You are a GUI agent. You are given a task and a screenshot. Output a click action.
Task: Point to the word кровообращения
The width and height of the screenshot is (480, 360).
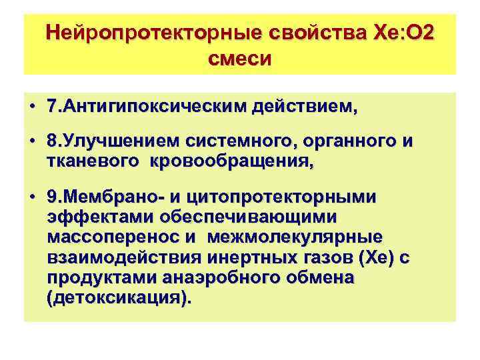pyautogui.click(x=231, y=161)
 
